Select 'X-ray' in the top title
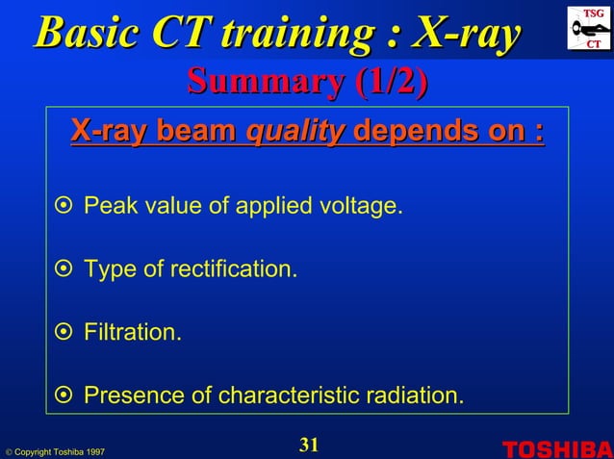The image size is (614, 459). pyautogui.click(x=467, y=33)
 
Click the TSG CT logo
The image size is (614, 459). pyautogui.click(x=588, y=28)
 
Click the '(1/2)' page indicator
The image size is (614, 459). pyautogui.click(x=391, y=83)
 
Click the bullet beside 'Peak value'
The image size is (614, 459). pyautogui.click(x=64, y=207)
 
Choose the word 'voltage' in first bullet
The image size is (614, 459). pyautogui.click(x=361, y=207)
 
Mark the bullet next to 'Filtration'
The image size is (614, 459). pyautogui.click(x=64, y=333)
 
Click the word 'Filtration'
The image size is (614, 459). pyautogui.click(x=132, y=333)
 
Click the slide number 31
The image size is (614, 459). pyautogui.click(x=308, y=445)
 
